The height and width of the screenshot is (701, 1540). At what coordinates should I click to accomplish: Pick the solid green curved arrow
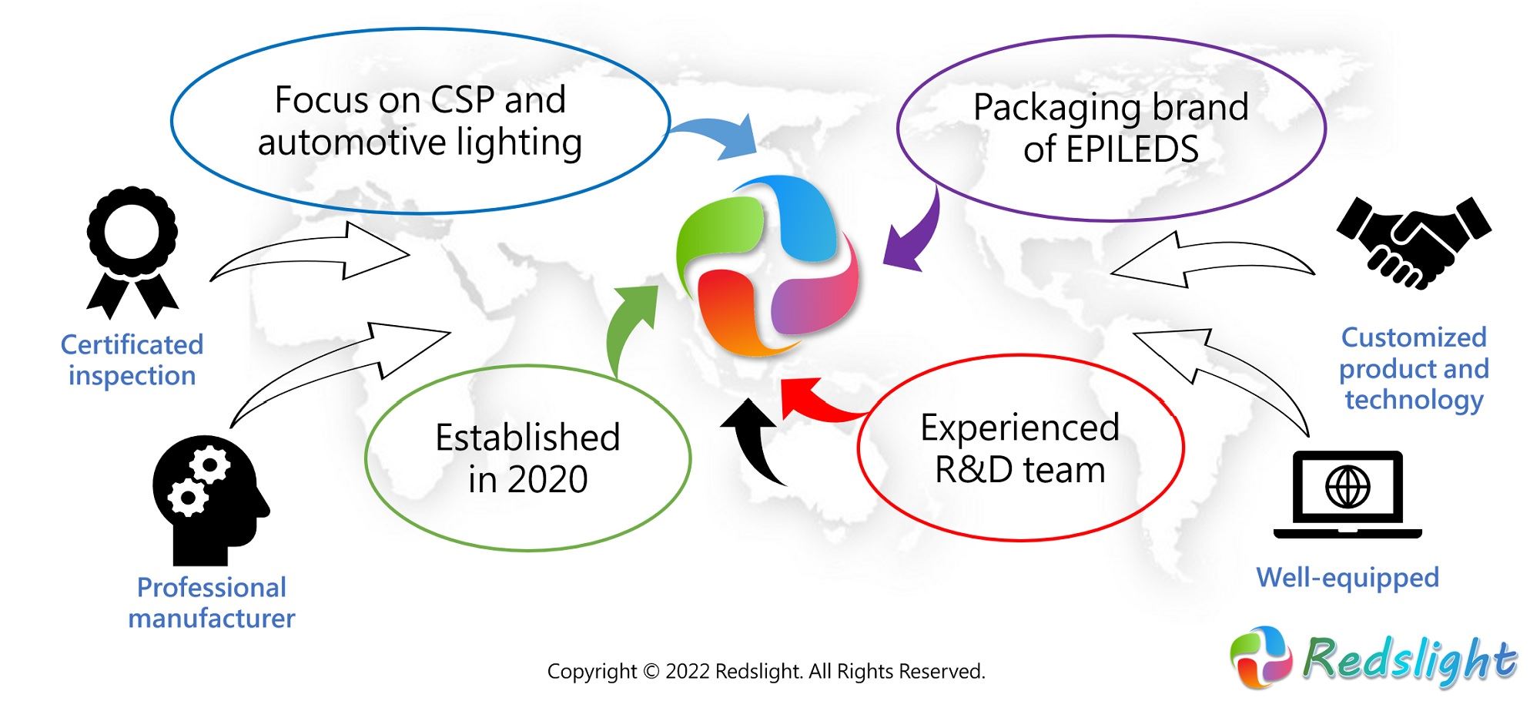pos(628,327)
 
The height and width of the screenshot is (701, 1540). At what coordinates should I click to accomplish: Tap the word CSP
pos(462,100)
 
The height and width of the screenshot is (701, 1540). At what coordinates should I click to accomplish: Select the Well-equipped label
pos(1347,578)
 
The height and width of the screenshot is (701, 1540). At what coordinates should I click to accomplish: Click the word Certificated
pos(132,344)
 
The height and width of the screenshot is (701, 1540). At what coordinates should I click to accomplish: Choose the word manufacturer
pos(212,619)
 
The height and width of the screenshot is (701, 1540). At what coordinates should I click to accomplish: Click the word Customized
pos(1414,337)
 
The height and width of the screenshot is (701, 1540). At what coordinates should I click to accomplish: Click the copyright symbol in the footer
pos(651,672)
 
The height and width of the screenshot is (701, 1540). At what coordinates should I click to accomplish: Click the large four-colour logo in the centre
pos(767,266)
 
